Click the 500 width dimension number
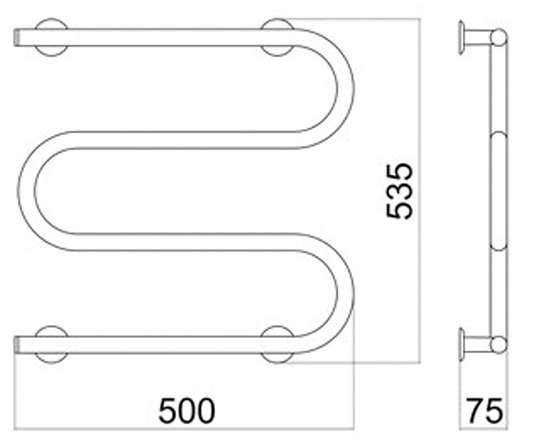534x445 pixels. pyautogui.click(x=187, y=411)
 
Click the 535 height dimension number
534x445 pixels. pyautogui.click(x=399, y=191)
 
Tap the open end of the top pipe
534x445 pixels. pyautogui.click(x=17, y=38)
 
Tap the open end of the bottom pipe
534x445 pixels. pyautogui.click(x=17, y=345)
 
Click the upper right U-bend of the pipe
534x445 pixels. pyautogui.click(x=346, y=89)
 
